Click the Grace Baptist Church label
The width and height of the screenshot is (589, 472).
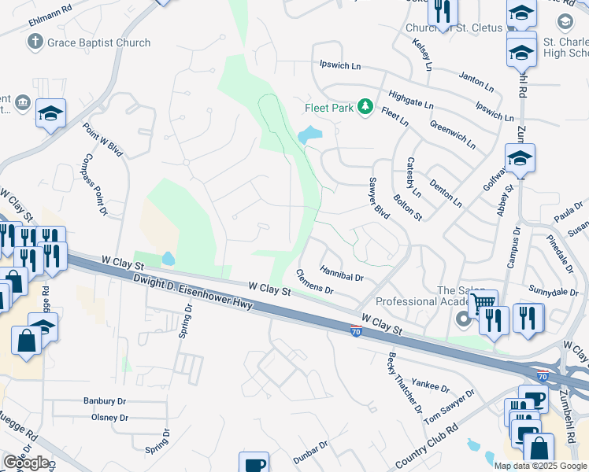98,42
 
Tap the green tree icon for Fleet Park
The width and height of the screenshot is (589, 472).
365,106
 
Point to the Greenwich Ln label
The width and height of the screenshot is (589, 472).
453,135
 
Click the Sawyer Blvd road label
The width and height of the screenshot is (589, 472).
379,198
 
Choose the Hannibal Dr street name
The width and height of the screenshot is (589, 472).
342,273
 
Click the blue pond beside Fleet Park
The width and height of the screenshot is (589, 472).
309,135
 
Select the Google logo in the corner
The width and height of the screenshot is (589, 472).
26,463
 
